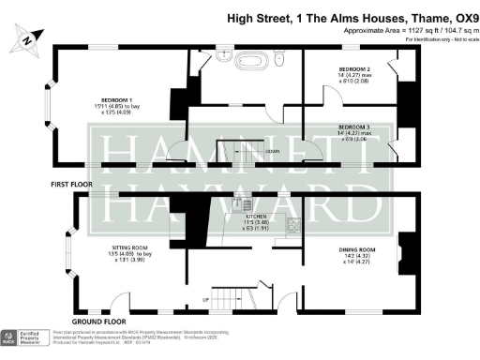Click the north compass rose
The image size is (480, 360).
pyautogui.click(x=27, y=40)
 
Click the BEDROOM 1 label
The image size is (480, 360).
pyautogui.click(x=118, y=97)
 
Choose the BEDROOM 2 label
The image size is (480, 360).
pyautogui.click(x=355, y=69)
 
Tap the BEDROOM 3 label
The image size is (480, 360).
pyautogui.click(x=354, y=127)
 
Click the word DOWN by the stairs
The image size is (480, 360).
pyautogui.click(x=272, y=151)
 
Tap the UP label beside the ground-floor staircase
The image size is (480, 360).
pyautogui.click(x=206, y=299)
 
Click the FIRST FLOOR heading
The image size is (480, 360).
pyautogui.click(x=71, y=186)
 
